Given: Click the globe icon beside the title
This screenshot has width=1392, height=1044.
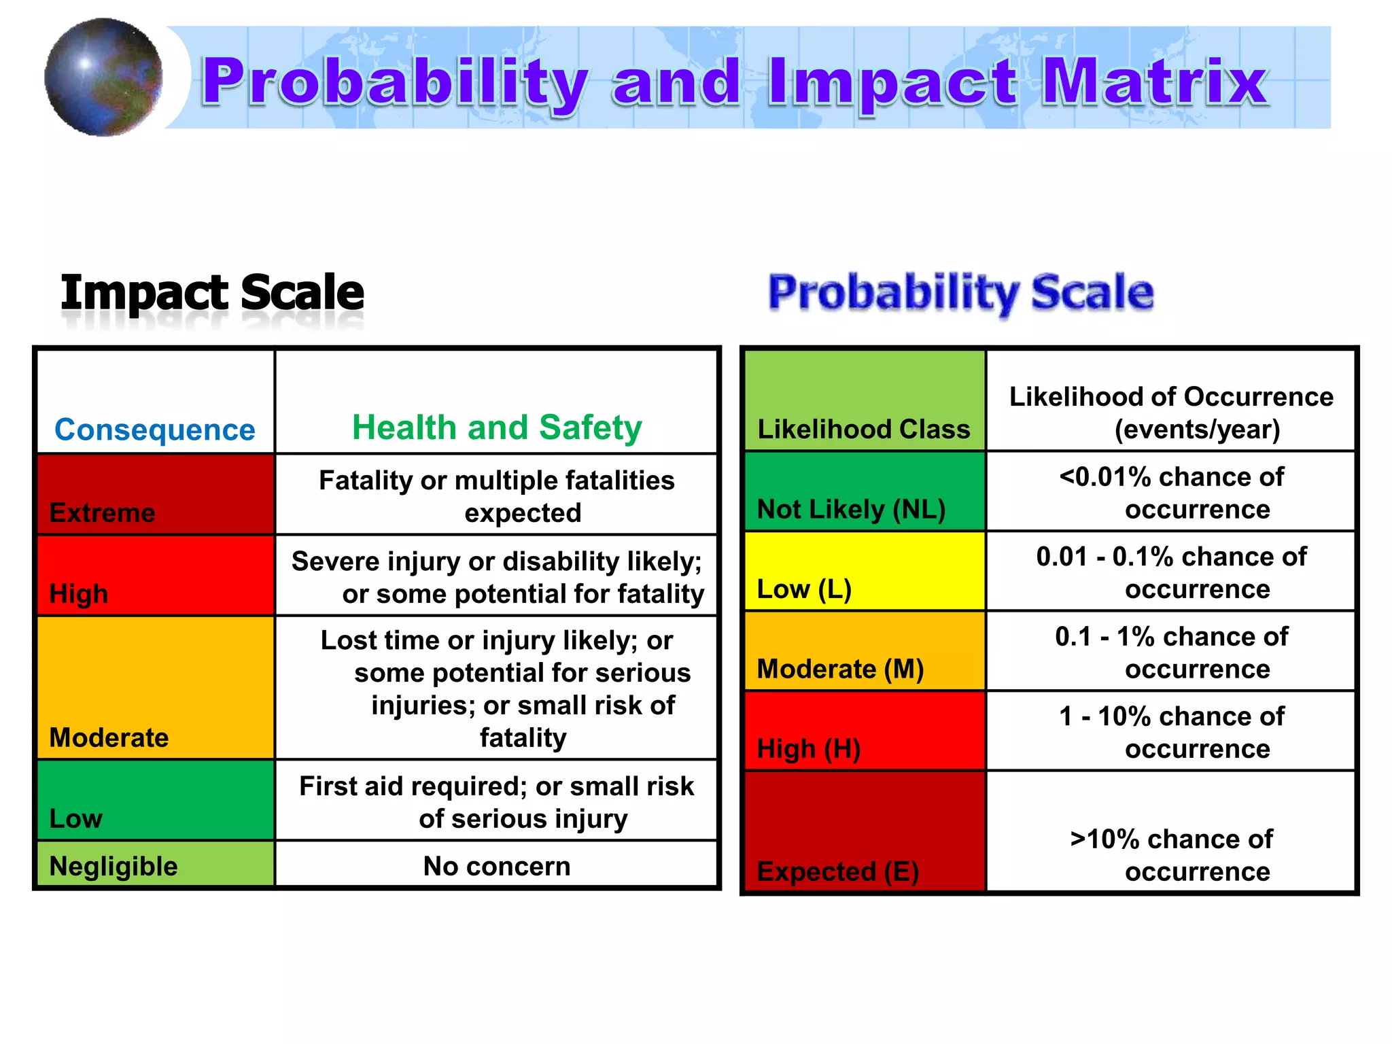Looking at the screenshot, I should pyautogui.click(x=103, y=77).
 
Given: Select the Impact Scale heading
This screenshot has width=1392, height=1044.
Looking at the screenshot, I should pyautogui.click(x=212, y=293).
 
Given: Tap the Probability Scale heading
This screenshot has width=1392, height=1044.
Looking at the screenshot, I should pyautogui.click(x=960, y=293).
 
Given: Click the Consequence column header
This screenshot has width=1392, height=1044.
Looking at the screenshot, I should pyautogui.click(x=155, y=429).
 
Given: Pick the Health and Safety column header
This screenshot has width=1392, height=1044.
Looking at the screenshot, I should pyautogui.click(x=496, y=428).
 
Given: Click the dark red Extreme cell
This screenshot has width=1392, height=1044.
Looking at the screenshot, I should pyautogui.click(x=156, y=495).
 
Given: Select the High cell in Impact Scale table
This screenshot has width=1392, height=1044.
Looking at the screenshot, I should pyautogui.click(x=156, y=576).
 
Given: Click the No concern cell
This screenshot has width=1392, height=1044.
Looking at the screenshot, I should pyautogui.click(x=496, y=866).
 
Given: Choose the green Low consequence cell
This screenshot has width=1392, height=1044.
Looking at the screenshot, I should pyautogui.click(x=156, y=800).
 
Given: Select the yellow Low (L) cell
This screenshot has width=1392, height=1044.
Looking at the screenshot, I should pyautogui.click(x=864, y=572).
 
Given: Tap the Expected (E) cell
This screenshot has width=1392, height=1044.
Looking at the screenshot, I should pyautogui.click(x=864, y=832).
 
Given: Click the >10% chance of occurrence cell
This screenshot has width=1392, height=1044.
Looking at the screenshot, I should pyautogui.click(x=1171, y=854).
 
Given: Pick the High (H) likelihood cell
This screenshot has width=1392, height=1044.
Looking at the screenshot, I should pyautogui.click(x=864, y=731).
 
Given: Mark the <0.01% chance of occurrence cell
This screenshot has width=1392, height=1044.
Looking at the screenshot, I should pyautogui.click(x=1171, y=493).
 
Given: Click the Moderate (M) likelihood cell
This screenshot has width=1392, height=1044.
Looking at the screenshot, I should pyautogui.click(x=864, y=652).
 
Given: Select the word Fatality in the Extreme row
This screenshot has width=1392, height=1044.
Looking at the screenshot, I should pyautogui.click(x=366, y=481).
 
